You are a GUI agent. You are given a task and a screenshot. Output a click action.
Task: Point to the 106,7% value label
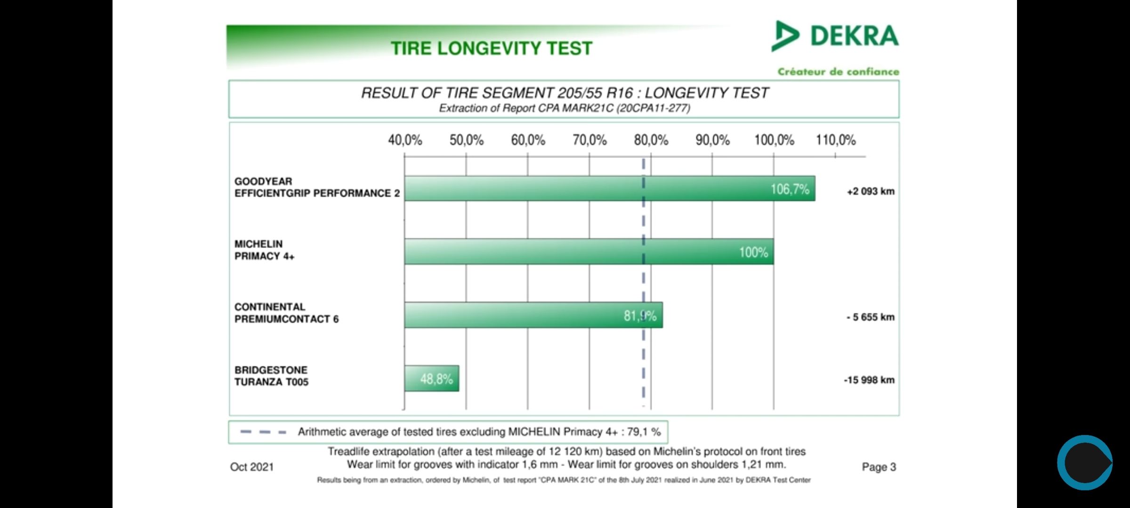790,189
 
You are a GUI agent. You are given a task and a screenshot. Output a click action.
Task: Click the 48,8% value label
436,379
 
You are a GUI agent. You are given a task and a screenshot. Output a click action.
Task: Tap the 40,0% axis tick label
405,140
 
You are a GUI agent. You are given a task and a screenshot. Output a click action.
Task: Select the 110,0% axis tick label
836,140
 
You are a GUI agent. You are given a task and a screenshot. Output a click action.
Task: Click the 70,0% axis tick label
589,140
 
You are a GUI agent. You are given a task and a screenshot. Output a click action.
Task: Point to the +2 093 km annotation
871,191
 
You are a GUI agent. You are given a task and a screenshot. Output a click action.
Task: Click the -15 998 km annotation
869,380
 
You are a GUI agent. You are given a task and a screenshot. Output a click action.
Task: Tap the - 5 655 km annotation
871,317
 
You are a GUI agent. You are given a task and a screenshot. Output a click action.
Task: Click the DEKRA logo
835,36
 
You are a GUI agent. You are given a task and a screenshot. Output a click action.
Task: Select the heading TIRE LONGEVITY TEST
492,48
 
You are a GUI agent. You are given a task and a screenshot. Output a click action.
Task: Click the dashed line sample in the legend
263,432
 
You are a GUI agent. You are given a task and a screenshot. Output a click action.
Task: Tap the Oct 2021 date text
252,467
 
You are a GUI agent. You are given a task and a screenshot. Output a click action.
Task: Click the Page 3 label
879,467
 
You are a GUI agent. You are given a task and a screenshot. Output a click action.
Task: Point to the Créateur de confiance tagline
838,72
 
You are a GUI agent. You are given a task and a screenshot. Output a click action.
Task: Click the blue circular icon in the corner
1084,463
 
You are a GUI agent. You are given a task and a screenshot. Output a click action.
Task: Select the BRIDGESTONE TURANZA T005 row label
272,376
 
